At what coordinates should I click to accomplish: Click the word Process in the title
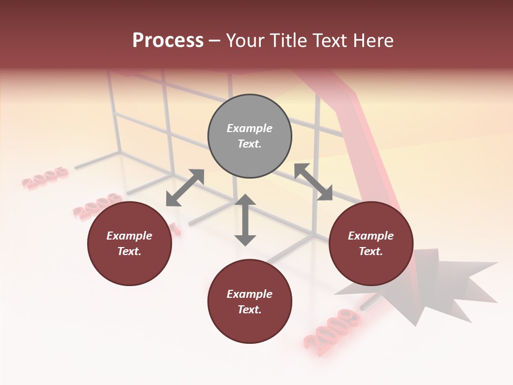168,41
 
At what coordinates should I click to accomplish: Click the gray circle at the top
250,136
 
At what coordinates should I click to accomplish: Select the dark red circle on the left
129,243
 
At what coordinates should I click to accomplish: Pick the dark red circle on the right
371,243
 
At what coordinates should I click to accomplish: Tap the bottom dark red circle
250,302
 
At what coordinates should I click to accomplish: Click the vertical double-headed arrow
245,220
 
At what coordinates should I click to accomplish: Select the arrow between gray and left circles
185,188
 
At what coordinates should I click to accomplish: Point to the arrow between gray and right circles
313,182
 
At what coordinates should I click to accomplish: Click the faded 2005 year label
46,178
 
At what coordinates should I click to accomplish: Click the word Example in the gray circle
250,128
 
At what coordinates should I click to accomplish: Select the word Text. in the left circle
129,251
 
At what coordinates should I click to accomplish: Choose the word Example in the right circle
371,236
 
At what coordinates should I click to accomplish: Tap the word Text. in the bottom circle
250,310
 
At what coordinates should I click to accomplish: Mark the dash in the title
215,41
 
